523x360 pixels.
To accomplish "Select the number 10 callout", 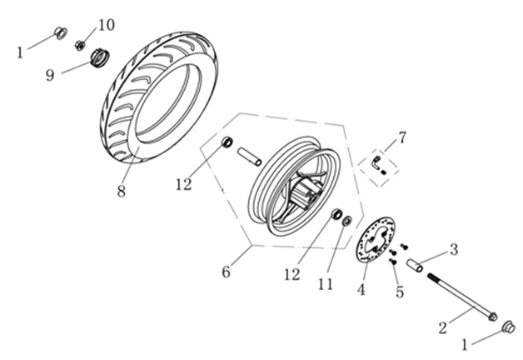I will [107, 23].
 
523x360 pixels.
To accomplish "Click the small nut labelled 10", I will [81, 44].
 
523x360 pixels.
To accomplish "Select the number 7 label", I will [402, 136].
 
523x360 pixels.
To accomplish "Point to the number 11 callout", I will [325, 284].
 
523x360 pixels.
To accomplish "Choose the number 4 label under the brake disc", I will [361, 290].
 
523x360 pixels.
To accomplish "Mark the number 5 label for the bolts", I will [399, 292].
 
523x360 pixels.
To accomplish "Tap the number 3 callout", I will [453, 248].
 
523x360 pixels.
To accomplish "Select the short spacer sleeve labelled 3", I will [416, 267].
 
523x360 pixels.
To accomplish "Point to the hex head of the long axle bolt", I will [493, 316].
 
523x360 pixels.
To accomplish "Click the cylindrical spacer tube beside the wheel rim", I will [251, 156].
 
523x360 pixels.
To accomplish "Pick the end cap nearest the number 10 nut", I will [60, 33].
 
